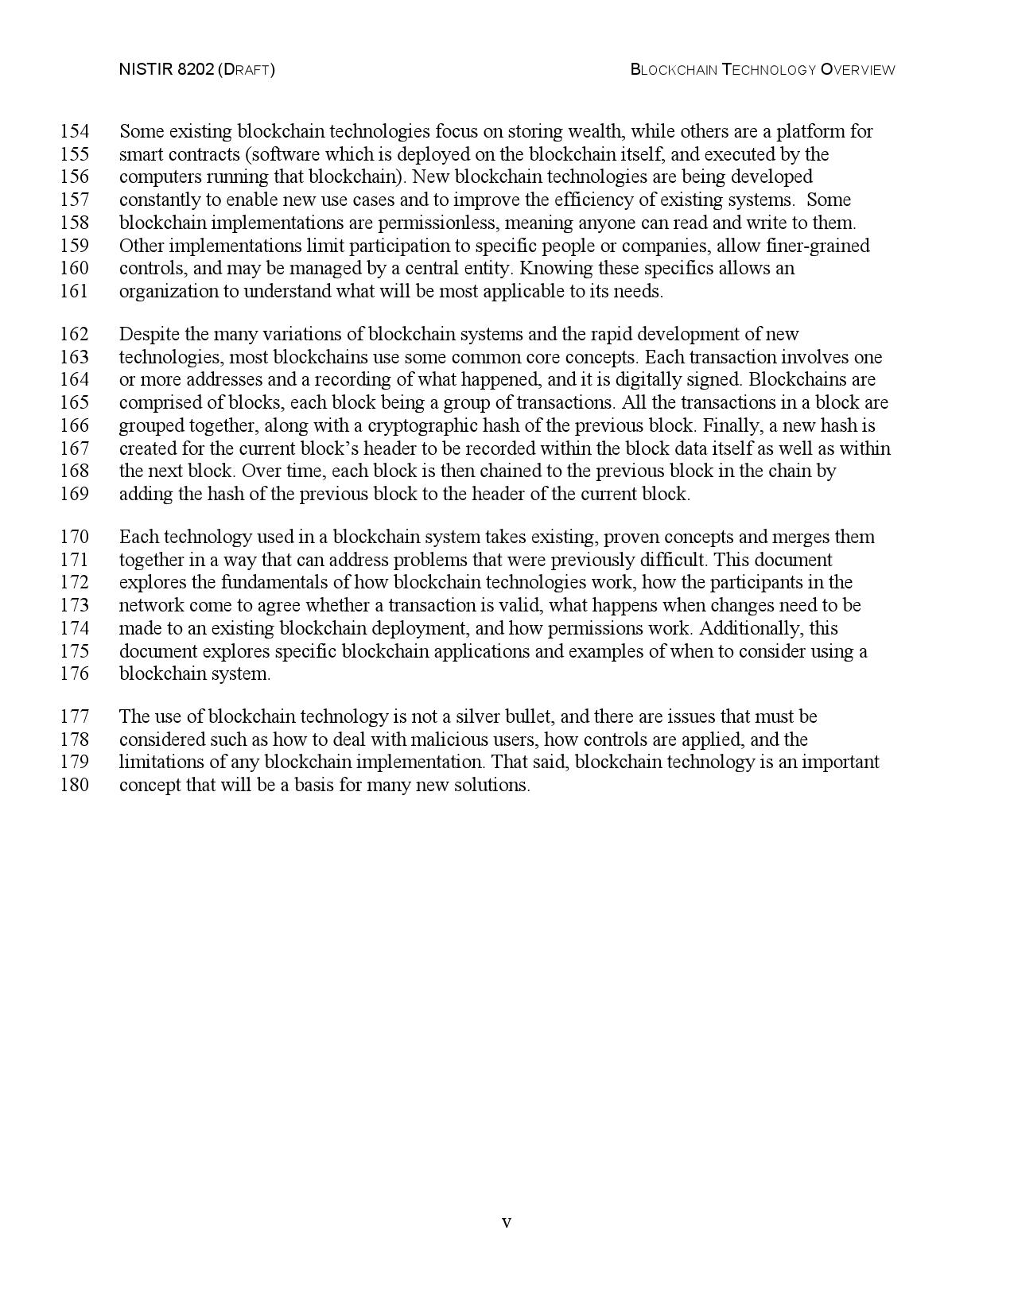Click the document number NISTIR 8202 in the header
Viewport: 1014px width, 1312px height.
click(x=165, y=70)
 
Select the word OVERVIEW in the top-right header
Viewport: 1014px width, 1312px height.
click(x=857, y=70)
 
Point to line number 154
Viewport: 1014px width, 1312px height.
click(x=74, y=131)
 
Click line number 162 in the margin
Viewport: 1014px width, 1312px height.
click(x=74, y=334)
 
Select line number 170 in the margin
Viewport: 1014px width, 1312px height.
click(x=74, y=537)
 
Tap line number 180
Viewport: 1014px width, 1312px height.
click(x=74, y=786)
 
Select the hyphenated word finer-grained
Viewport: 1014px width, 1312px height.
click(x=818, y=246)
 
